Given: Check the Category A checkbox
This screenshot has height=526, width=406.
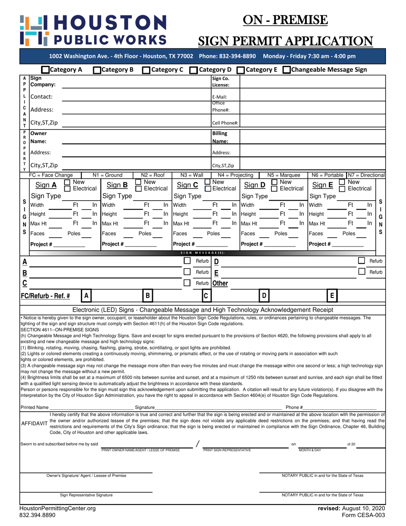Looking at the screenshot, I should click(x=45, y=70).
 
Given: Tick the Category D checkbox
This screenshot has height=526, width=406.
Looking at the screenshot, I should click(x=193, y=70).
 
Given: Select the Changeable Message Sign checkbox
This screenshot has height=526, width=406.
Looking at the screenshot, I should click(x=287, y=70).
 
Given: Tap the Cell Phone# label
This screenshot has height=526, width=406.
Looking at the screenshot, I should click(x=225, y=123).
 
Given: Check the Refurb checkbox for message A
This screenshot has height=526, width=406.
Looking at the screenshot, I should click(x=187, y=261).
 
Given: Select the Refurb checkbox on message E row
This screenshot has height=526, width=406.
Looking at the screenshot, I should click(x=362, y=271).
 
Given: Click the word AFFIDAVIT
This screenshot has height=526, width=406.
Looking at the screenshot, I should click(x=34, y=423).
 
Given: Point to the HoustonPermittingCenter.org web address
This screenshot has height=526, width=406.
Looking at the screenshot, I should click(x=58, y=508).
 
